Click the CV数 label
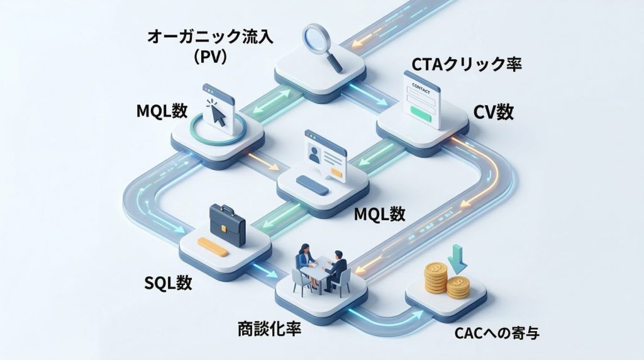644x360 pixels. click(x=494, y=112)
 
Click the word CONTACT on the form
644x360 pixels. click(x=422, y=84)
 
